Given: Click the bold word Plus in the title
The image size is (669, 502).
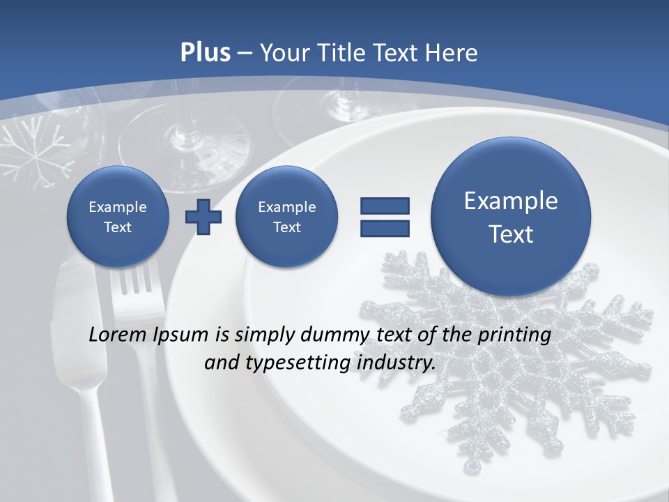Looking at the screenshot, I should [x=205, y=53].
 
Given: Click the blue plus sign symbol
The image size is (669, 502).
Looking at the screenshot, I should [x=203, y=216].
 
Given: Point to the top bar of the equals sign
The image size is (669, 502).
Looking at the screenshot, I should [x=385, y=206].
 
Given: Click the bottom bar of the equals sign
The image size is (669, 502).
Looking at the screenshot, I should [x=385, y=228].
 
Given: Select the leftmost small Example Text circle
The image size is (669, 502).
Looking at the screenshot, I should [x=117, y=217].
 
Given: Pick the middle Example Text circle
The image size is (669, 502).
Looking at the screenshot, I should [x=286, y=217].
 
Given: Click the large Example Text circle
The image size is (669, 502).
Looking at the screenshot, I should [x=511, y=217].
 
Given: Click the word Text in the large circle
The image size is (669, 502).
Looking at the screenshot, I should [x=511, y=234].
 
